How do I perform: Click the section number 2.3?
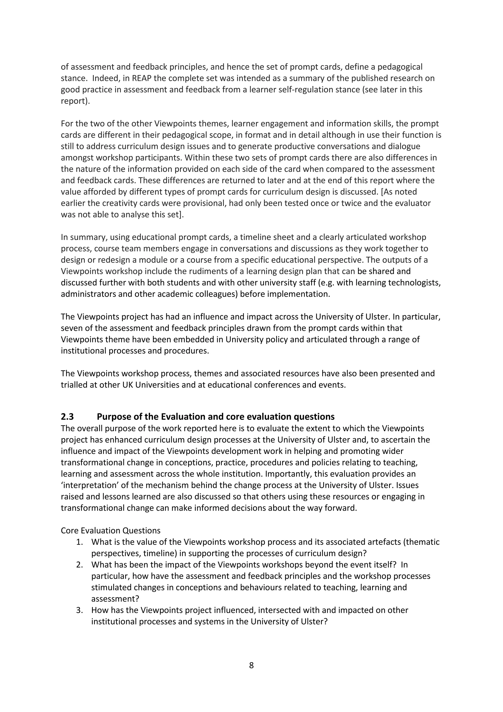tap(67, 416)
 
